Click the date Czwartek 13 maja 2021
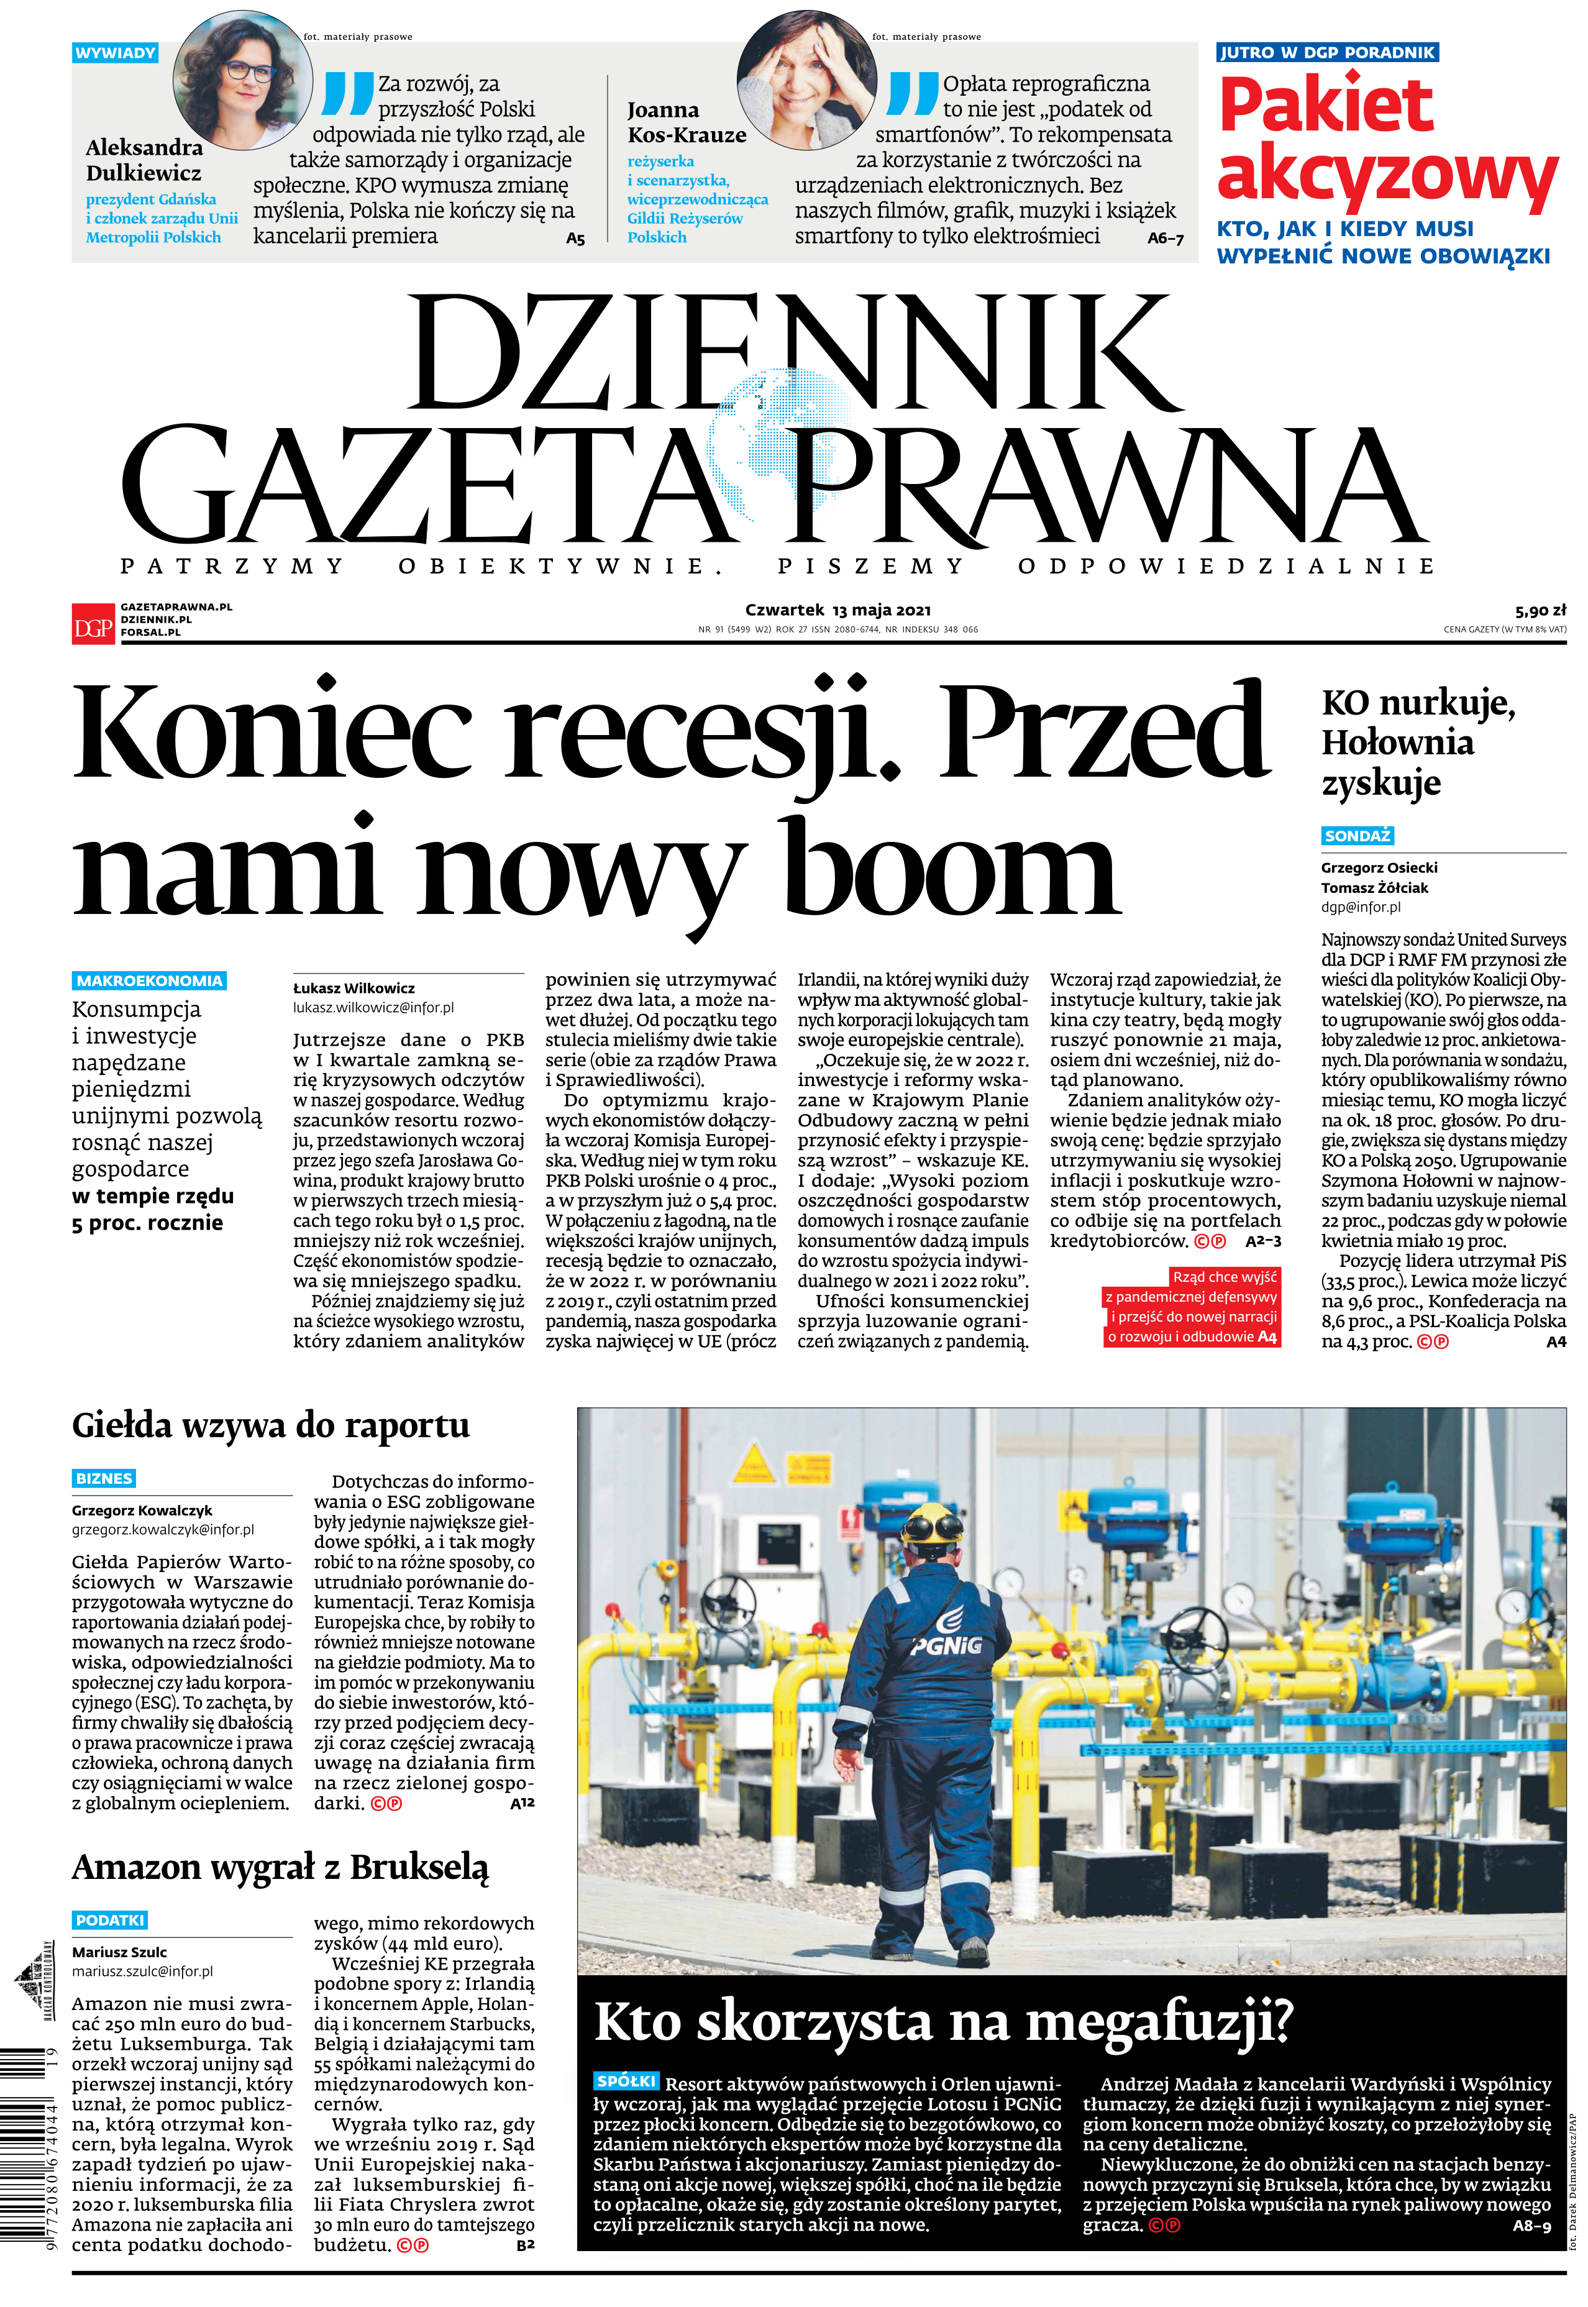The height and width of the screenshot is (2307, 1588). click(837, 609)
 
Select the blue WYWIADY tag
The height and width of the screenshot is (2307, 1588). click(116, 53)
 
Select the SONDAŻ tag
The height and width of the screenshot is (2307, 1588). click(1357, 836)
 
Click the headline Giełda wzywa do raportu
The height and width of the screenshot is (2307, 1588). click(271, 1425)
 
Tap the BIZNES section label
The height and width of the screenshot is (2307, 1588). click(104, 1478)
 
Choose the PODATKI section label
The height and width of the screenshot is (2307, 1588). click(109, 1920)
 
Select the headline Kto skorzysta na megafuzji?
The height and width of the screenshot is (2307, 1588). click(943, 2021)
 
